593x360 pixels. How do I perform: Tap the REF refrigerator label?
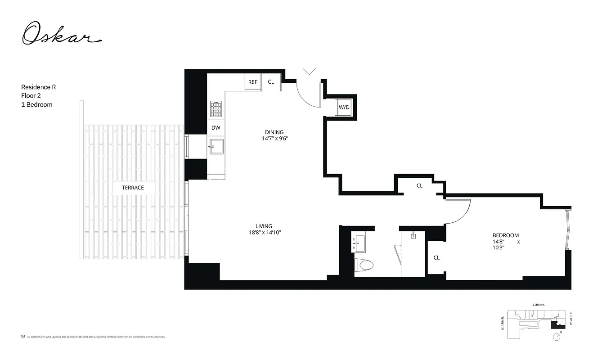pos(253,82)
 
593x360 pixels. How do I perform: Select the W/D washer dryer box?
pos(344,107)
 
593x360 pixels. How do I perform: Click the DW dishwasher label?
pos(216,128)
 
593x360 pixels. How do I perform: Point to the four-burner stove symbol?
pos(216,109)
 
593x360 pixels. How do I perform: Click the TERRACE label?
pos(133,187)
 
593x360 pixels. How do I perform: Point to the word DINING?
pos(274,132)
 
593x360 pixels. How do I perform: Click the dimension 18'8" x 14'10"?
pos(265,233)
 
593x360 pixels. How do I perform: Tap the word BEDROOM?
pos(506,235)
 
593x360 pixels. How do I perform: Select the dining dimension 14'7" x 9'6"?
pos(275,139)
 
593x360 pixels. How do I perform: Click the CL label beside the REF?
pos(271,82)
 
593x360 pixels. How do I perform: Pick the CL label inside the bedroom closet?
pos(436,258)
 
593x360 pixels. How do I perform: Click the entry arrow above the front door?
pos(309,71)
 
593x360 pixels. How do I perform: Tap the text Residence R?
pos(39,87)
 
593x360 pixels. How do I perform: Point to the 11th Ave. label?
pos(539,305)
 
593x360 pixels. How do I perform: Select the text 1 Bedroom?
pos(37,104)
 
